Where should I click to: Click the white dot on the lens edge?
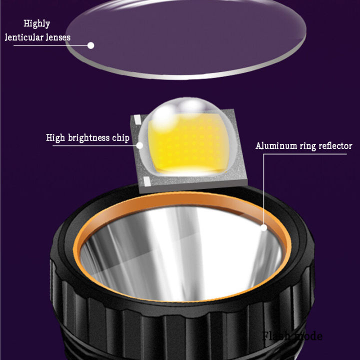pos(91,45)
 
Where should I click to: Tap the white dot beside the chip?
pos(139,145)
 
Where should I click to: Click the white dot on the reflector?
pos(263,227)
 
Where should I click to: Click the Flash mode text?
pos(292,335)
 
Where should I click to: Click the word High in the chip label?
pos(55,138)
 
